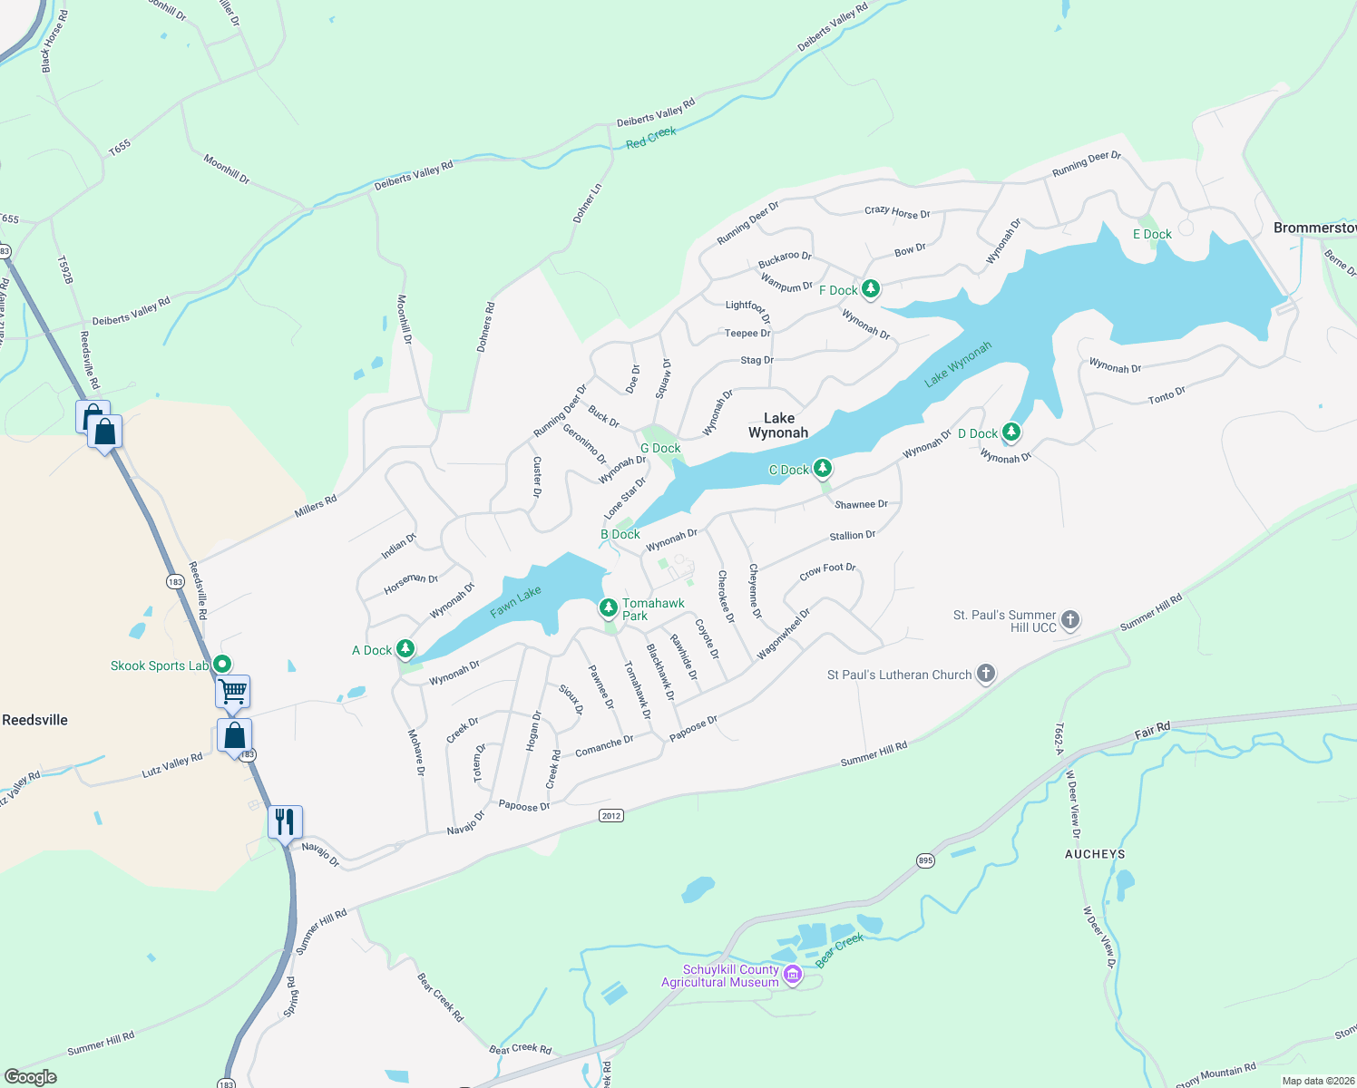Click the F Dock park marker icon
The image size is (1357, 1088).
871,289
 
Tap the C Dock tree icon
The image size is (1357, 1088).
823,468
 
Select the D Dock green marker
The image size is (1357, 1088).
1011,432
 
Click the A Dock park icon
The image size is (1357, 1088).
405,648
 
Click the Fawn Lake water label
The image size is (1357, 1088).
515,602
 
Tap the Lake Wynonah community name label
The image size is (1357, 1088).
778,425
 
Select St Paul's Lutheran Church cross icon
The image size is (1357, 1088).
986,674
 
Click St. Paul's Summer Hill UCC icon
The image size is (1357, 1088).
1070,620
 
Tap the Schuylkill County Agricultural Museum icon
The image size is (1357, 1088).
793,975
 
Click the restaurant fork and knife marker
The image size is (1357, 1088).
286,822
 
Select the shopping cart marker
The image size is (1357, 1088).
233,692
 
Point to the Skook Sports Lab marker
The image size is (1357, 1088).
221,665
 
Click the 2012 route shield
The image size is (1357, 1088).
611,815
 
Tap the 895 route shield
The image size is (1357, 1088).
924,860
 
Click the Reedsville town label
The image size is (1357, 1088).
34,720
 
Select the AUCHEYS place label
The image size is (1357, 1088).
1095,854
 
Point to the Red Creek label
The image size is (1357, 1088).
651,138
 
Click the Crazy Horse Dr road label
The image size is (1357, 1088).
897,212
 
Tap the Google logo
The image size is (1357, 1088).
30,1076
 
